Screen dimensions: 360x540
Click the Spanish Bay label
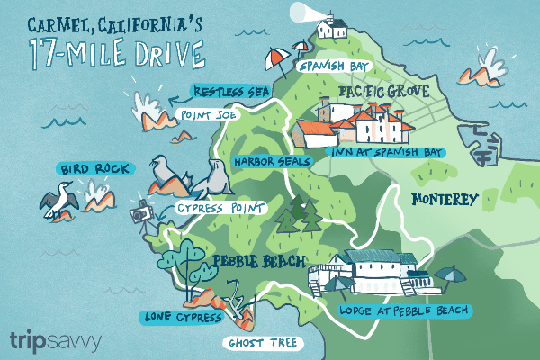point(336,67)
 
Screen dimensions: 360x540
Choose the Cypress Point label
point(221,208)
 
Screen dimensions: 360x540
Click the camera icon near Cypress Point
point(140,214)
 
